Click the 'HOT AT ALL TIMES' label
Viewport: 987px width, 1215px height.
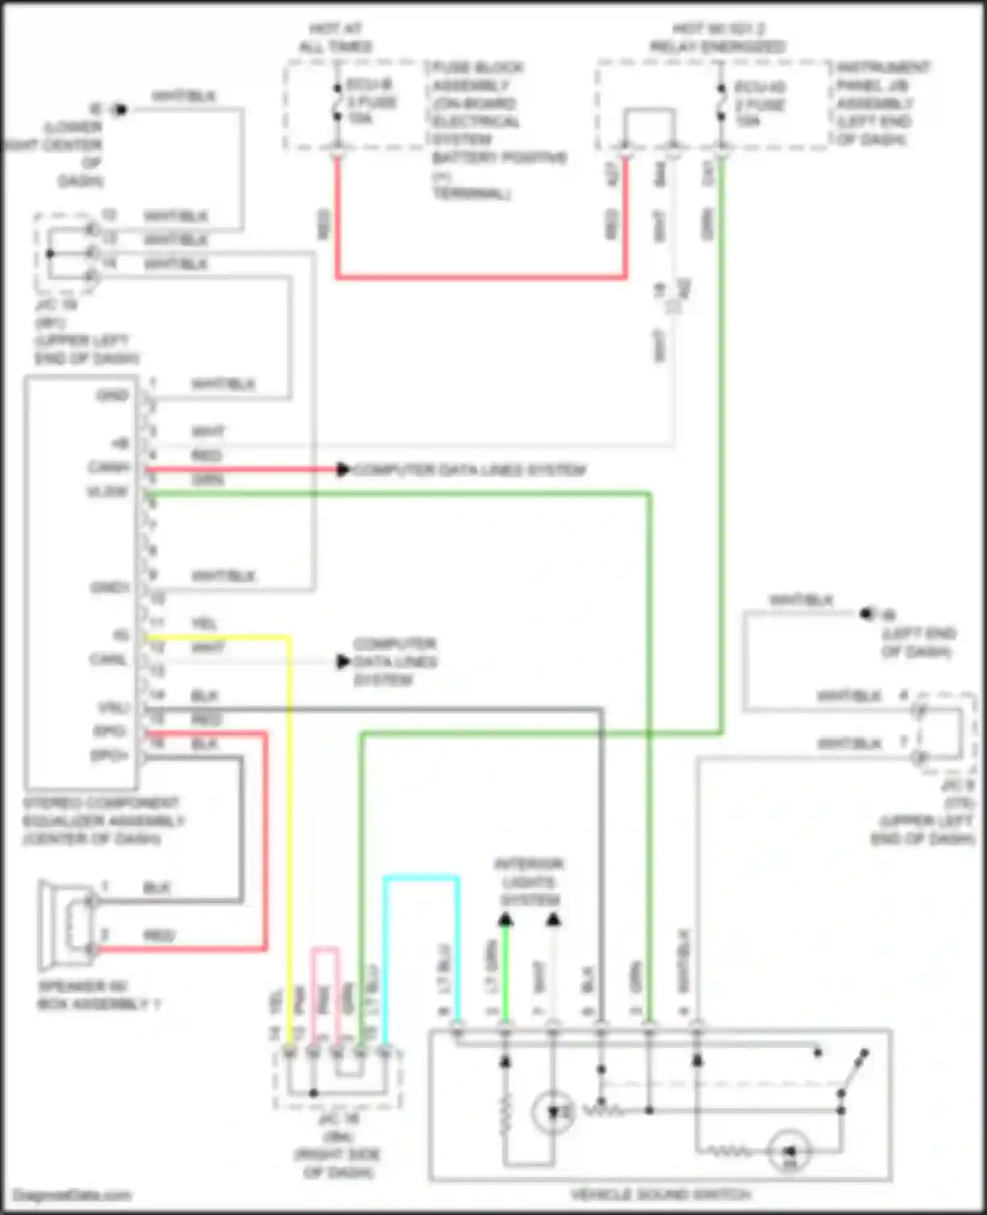335,38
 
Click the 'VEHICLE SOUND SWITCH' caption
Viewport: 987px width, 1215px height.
660,1195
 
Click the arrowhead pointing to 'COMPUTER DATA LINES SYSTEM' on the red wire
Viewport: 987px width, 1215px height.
343,469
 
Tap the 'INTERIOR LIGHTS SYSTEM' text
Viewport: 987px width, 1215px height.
528,882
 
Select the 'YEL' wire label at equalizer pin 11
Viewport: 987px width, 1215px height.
204,623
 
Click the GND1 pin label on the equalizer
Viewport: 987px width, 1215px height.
110,587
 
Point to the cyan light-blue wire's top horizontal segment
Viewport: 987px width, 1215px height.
421,877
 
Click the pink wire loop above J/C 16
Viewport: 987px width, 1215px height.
325,949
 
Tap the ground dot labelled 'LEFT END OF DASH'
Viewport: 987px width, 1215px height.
866,614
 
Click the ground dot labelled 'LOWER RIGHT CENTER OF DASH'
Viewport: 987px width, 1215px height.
119,109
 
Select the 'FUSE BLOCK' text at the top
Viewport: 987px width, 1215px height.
478,67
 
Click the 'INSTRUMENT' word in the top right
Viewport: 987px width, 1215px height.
884,67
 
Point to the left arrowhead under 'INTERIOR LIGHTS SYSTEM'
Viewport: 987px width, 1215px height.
505,919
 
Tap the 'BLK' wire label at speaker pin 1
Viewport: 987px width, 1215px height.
157,888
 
